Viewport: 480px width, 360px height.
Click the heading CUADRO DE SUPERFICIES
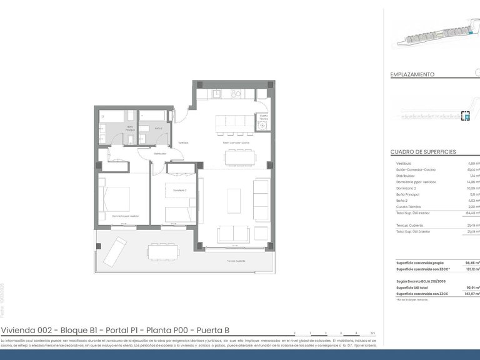(x=422, y=152)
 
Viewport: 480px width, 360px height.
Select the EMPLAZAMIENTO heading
(x=412, y=74)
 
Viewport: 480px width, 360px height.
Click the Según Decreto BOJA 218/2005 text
(x=422, y=281)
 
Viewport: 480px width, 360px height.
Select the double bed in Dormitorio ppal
(x=114, y=199)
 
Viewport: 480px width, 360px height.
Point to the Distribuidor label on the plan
(x=161, y=153)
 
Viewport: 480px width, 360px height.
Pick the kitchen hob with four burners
(x=236, y=94)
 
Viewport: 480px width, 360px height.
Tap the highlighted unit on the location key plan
(x=464, y=116)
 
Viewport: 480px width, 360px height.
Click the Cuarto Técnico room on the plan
(x=263, y=121)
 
